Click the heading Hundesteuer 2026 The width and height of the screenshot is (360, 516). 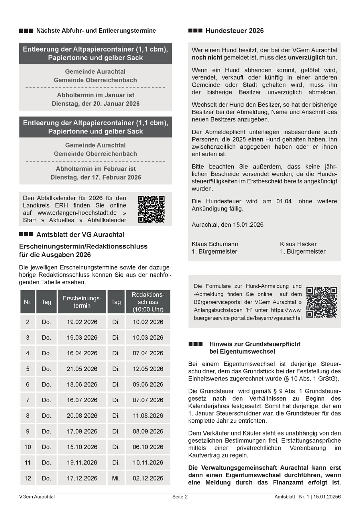(234, 31)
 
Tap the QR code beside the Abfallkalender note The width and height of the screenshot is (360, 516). (151, 209)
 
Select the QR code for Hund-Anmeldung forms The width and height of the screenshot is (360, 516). (321, 302)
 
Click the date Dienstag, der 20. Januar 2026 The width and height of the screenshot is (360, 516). (96, 104)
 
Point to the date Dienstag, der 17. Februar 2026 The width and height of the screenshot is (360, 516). (96, 177)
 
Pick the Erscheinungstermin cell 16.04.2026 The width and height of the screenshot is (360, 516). (82, 353)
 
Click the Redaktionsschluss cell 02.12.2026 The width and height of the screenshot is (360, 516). (148, 478)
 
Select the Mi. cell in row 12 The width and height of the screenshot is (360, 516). (116, 478)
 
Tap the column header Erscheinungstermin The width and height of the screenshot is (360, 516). (82, 302)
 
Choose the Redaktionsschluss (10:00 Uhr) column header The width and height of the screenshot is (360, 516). (148, 302)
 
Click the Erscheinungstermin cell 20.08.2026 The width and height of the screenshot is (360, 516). (82, 416)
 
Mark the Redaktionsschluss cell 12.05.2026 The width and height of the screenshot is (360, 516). (148, 369)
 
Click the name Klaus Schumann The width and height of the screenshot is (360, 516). (215, 244)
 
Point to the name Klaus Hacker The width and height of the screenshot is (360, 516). (298, 244)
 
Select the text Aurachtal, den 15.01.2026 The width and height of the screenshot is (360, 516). (227, 225)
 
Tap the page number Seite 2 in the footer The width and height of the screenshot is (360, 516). (180, 496)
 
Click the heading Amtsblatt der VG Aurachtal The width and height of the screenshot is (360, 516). (80, 235)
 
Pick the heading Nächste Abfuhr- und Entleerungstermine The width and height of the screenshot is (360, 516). (96, 31)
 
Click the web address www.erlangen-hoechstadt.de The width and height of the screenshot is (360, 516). (77, 213)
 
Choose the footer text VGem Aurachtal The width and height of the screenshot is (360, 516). (37, 496)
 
